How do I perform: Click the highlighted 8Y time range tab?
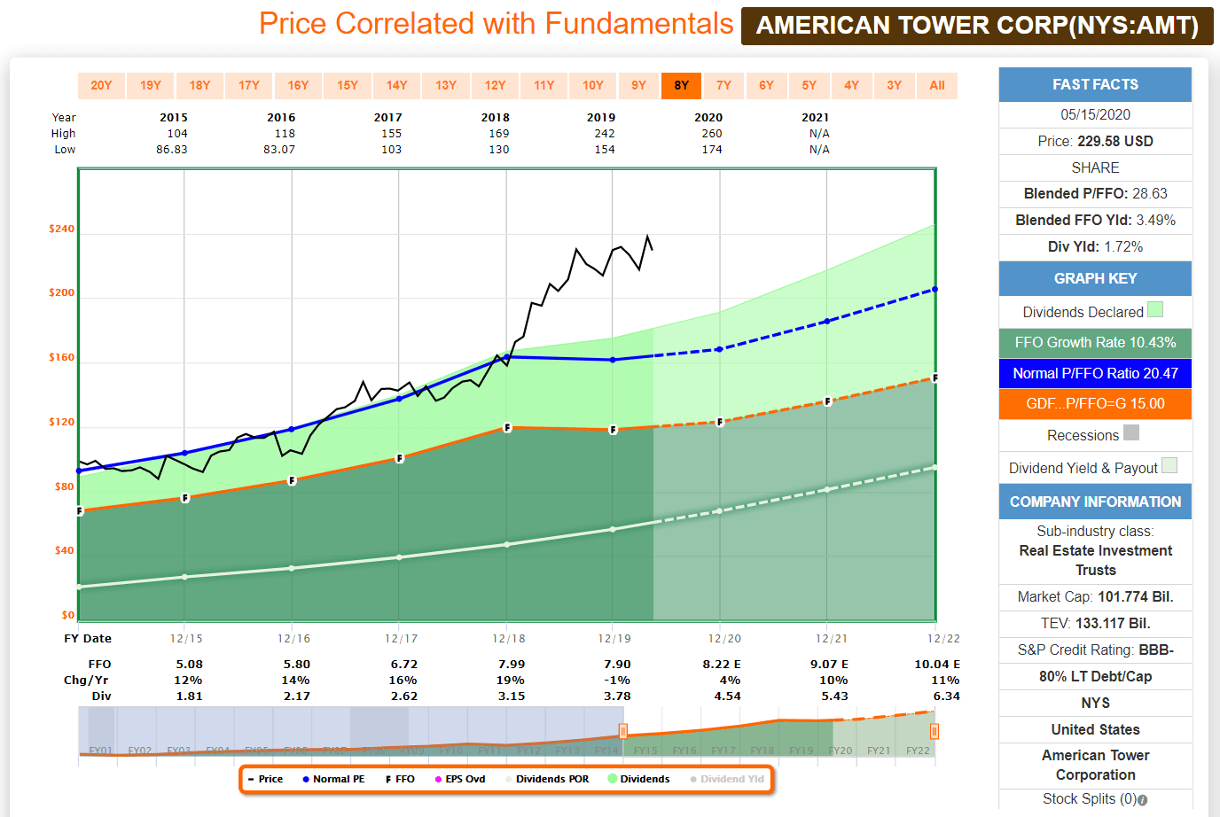(x=681, y=85)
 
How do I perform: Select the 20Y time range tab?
(x=101, y=85)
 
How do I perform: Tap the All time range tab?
(x=936, y=85)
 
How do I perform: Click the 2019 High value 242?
(x=604, y=134)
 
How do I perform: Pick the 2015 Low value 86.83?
(x=172, y=150)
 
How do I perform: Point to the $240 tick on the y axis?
(x=62, y=229)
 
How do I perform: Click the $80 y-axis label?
(x=64, y=486)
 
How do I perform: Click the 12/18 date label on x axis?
(x=509, y=638)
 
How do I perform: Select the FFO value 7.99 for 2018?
(x=511, y=664)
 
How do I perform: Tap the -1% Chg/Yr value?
(x=617, y=680)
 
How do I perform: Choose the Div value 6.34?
(x=946, y=696)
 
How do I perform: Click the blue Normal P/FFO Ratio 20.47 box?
(x=1095, y=373)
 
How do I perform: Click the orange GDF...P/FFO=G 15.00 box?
(x=1095, y=403)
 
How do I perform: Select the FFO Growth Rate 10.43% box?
(x=1095, y=342)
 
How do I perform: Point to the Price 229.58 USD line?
(x=1095, y=141)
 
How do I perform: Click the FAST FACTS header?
(x=1095, y=85)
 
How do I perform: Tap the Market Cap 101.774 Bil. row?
(x=1095, y=596)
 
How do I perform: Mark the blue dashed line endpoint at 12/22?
(x=935, y=290)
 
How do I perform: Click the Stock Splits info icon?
(x=1143, y=799)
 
